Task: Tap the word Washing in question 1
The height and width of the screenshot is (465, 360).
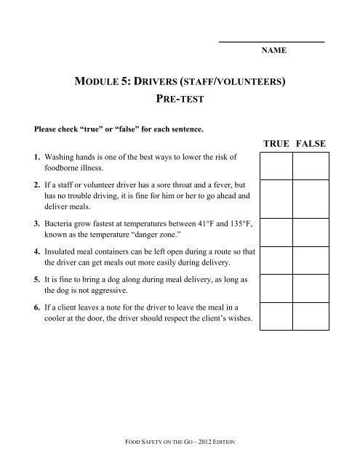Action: (60, 156)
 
